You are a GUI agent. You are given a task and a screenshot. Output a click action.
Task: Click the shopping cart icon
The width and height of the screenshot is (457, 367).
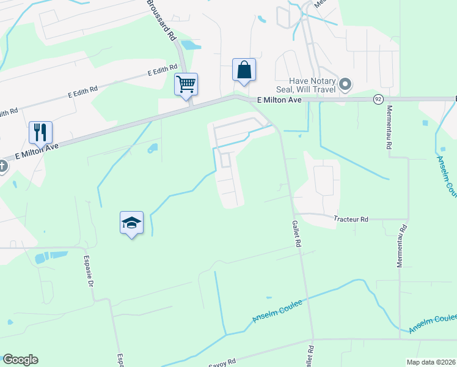[x=186, y=84]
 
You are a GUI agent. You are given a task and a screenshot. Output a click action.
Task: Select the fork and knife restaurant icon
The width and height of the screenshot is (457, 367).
[x=40, y=132]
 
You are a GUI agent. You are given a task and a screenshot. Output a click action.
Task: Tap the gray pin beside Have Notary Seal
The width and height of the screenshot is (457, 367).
[x=345, y=84]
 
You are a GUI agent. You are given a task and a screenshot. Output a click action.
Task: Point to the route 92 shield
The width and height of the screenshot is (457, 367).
[x=379, y=98]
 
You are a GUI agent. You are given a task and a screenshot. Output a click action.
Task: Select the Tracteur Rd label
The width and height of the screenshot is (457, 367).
[x=351, y=219]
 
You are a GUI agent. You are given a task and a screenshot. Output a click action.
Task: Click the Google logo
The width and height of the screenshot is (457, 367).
[x=20, y=360]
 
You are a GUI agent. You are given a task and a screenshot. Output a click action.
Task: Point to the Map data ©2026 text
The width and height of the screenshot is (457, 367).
[x=431, y=362]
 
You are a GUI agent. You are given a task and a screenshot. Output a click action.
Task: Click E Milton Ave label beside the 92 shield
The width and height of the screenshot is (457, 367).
[x=280, y=99]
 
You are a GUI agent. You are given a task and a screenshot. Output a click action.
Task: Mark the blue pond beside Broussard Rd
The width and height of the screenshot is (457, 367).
[x=190, y=45]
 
